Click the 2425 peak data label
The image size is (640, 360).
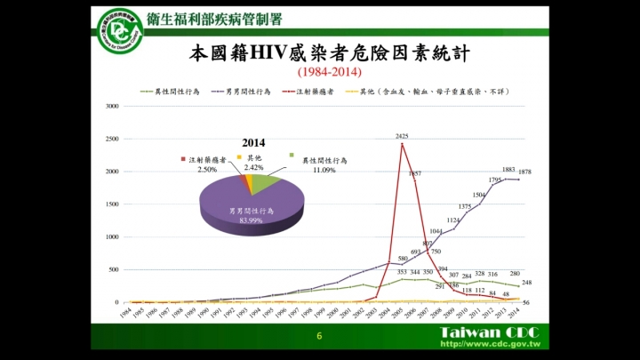[x=402, y=136]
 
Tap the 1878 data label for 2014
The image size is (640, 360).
[x=525, y=172]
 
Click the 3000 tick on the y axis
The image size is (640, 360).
[x=112, y=107]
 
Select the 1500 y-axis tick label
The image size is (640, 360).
[x=112, y=204]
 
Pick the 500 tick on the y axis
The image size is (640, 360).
[x=114, y=270]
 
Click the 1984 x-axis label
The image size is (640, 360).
[x=126, y=312]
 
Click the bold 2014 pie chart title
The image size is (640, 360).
[x=254, y=142]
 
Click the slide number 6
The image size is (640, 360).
[x=319, y=338]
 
